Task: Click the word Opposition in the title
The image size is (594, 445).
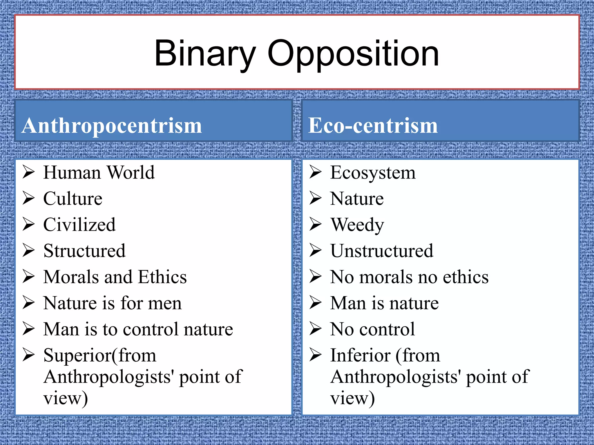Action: tap(353, 54)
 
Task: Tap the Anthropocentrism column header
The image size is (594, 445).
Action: tap(112, 126)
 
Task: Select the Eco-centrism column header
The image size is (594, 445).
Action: tap(373, 126)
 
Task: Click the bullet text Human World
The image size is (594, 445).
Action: tap(99, 173)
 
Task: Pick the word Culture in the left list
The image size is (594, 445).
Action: tap(73, 199)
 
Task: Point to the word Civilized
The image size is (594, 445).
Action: tap(79, 225)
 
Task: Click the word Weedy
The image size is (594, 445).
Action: tap(357, 225)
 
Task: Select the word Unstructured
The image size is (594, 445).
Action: tap(382, 251)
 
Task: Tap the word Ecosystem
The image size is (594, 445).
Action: tap(373, 173)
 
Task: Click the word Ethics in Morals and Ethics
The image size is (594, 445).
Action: tap(162, 277)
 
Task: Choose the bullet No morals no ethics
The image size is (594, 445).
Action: tap(409, 277)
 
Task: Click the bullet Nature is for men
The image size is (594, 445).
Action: tap(113, 303)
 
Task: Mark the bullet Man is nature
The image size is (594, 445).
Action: tap(385, 303)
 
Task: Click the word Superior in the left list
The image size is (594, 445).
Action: tap(77, 355)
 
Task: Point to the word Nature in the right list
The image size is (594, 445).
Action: tap(357, 199)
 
